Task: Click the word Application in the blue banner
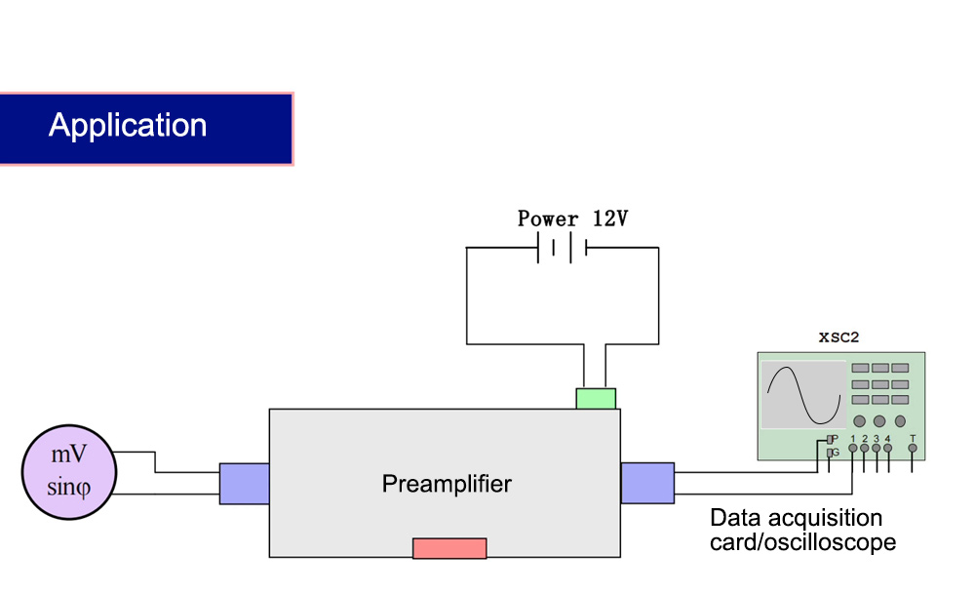tap(128, 126)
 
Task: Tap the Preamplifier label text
tap(447, 484)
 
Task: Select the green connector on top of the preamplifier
tap(596, 399)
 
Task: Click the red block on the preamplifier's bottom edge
tap(449, 548)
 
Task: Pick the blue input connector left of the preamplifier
tap(245, 483)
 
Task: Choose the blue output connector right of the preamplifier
tap(647, 483)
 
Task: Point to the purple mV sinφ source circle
tap(69, 472)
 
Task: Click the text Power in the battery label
tap(548, 218)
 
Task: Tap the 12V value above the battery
tap(610, 218)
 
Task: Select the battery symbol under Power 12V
tap(563, 248)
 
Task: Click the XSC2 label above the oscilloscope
tap(838, 337)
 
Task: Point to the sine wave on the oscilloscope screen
tap(804, 395)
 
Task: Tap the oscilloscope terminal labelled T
tap(913, 448)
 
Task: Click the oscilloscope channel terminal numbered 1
tap(853, 448)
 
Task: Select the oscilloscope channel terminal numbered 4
tap(888, 448)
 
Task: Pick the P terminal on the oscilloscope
tap(830, 440)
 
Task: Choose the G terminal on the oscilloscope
tap(830, 453)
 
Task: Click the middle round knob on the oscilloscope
tap(879, 421)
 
